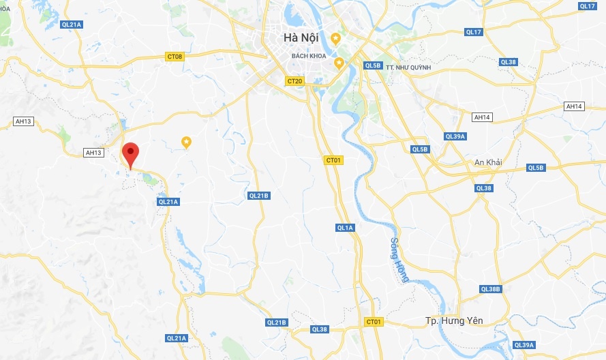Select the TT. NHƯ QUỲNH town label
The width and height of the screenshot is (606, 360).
(408, 67)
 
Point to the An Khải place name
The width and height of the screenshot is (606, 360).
(488, 162)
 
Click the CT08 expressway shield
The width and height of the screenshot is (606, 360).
(175, 56)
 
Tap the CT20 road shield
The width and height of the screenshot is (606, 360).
(294, 80)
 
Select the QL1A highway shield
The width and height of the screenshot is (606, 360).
(345, 228)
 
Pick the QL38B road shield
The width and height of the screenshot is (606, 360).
(490, 289)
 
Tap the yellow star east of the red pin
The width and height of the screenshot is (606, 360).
(186, 142)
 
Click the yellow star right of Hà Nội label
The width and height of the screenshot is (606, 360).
(335, 37)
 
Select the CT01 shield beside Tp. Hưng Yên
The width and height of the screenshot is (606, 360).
(374, 321)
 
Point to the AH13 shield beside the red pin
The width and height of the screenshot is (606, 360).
(93, 153)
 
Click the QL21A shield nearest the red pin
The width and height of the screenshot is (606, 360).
(168, 201)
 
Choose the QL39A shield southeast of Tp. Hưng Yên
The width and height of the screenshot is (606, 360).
(525, 344)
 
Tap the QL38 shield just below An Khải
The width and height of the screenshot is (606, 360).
(483, 188)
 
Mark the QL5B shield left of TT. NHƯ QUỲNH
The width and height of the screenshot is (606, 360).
(373, 65)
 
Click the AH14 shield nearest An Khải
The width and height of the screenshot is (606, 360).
(482, 117)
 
